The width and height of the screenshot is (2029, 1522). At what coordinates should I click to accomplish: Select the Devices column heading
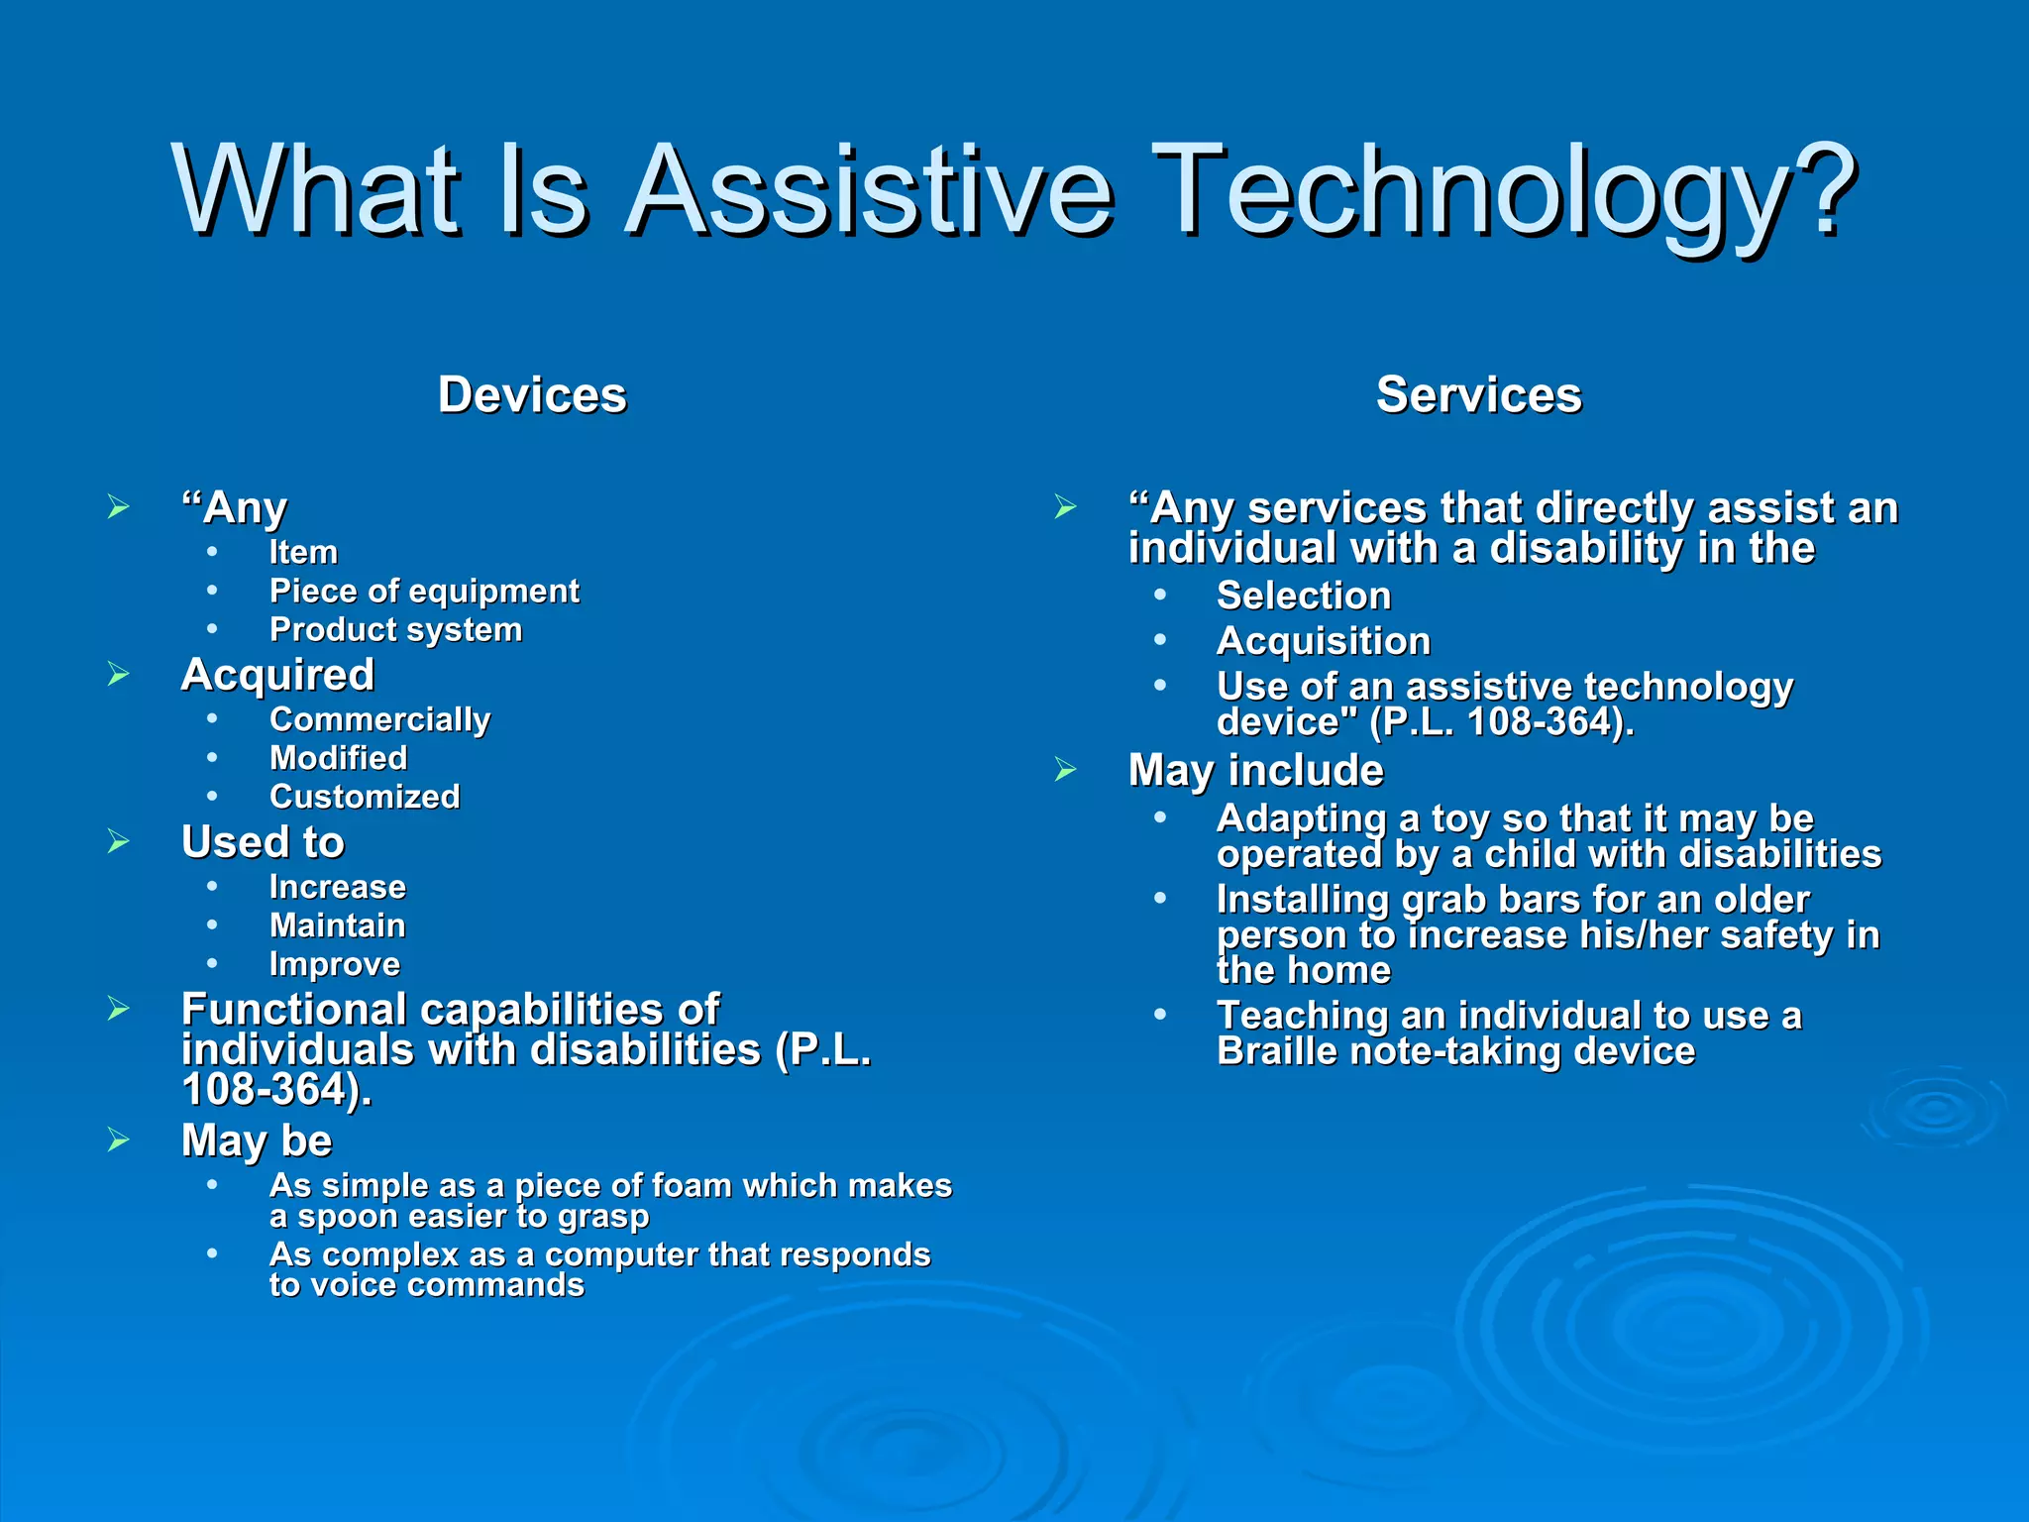coord(532,394)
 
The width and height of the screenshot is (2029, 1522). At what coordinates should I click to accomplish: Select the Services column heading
coord(1478,394)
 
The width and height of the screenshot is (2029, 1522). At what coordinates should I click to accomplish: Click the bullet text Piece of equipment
coord(424,592)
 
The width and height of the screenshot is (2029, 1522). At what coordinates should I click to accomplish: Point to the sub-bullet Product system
coord(395,630)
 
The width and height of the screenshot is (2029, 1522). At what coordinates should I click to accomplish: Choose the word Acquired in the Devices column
coord(277,675)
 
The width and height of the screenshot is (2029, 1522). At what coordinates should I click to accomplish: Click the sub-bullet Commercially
coord(379,719)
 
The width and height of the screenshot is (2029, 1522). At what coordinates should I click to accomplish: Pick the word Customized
coord(365,797)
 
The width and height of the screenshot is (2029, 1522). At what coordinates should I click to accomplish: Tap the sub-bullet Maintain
coord(337,925)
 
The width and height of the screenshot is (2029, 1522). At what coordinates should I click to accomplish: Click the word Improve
coord(335,964)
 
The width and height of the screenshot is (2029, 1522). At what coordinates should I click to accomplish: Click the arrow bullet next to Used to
coord(119,842)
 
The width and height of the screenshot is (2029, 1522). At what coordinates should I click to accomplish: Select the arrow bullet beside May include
coord(1065,770)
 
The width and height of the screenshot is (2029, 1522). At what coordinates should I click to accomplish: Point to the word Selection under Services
coord(1303,596)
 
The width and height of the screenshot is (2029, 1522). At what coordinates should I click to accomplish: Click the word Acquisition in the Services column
coord(1323,641)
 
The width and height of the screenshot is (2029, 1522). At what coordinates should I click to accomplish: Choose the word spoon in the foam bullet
coord(348,1216)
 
